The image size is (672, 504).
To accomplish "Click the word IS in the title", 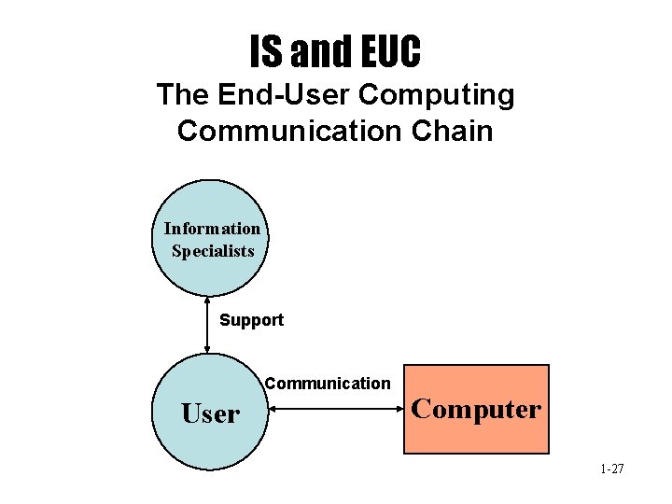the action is click(x=266, y=52).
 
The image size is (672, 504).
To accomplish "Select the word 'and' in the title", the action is click(x=317, y=52).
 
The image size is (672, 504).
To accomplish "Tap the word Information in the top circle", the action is click(x=212, y=229).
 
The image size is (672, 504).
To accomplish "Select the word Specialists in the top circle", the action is click(x=213, y=250).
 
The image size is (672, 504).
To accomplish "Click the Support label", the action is click(x=251, y=320).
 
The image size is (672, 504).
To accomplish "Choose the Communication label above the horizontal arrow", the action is click(x=328, y=383).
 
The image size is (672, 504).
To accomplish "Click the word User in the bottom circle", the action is click(x=210, y=413).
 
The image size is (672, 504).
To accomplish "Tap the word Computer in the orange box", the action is click(x=476, y=409).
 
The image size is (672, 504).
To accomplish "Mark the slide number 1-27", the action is click(x=612, y=469).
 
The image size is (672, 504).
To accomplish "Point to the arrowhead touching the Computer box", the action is click(x=399, y=408).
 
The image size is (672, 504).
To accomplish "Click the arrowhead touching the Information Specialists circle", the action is click(x=207, y=301).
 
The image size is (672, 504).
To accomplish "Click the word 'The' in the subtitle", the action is click(x=184, y=95).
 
